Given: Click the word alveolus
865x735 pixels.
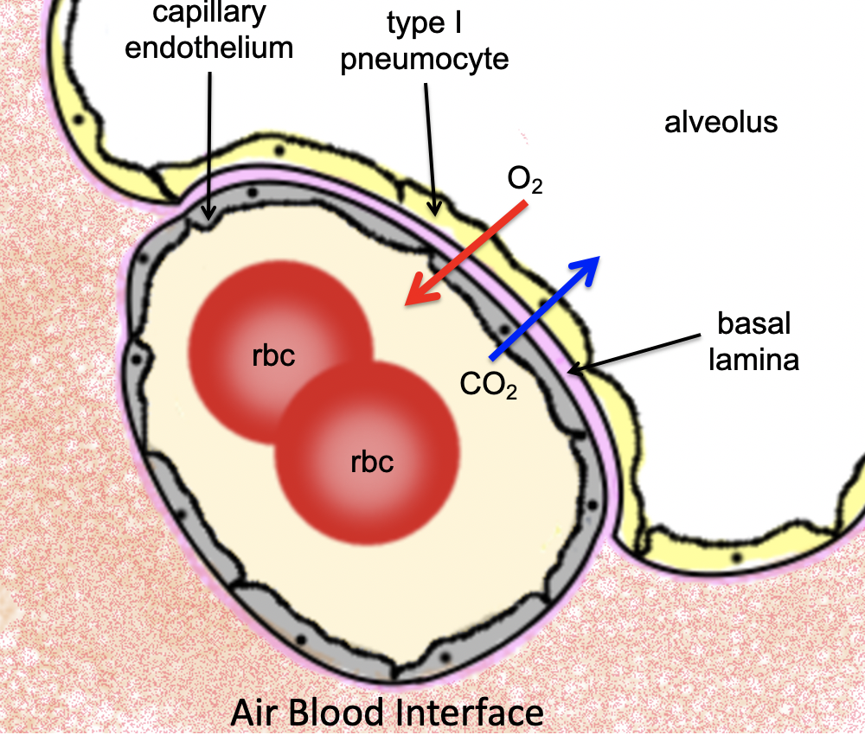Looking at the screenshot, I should (x=721, y=122).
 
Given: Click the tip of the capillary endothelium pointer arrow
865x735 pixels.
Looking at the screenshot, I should (x=208, y=217).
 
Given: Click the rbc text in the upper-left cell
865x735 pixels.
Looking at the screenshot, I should (x=274, y=356).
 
